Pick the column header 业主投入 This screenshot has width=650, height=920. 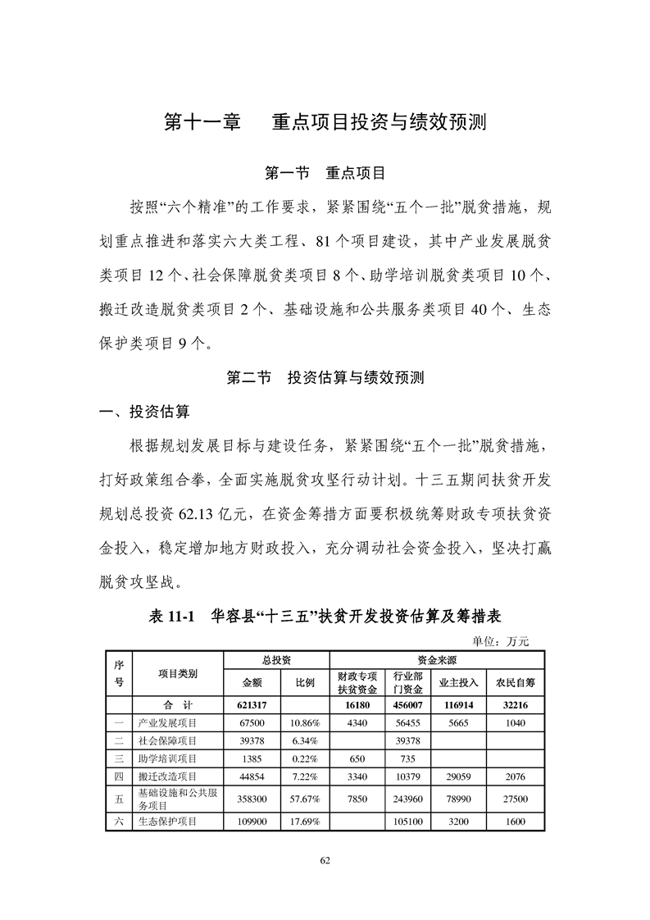[458, 681]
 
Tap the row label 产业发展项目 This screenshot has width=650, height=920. [168, 722]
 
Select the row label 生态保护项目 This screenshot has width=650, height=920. [168, 822]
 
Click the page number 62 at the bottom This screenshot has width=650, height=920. [325, 860]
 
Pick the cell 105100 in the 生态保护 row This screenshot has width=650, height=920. [407, 822]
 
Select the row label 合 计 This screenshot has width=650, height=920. [177, 704]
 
